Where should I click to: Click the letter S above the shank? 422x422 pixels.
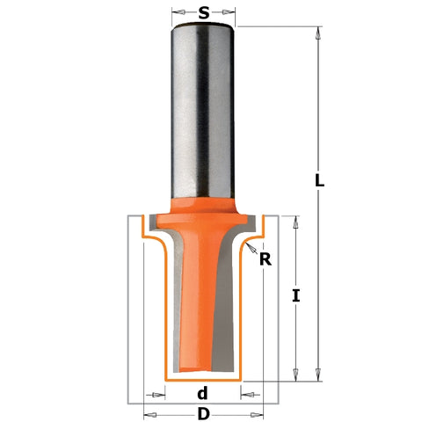204,13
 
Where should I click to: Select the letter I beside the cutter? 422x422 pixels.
297,296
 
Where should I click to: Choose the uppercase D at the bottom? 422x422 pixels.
203,412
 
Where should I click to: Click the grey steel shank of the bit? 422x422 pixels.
203,105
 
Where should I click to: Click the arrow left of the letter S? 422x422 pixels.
178,13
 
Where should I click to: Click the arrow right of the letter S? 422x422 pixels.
230,13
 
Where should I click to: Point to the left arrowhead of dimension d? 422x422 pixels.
159,393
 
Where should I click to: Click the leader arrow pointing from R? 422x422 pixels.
251,250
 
